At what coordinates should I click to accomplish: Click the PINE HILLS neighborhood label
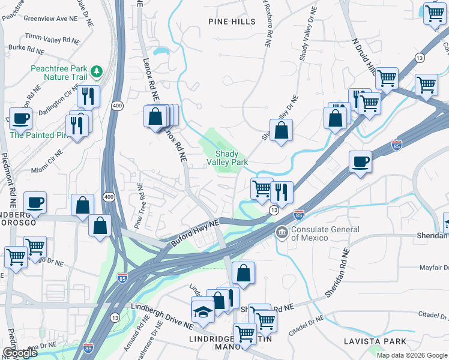[232, 22]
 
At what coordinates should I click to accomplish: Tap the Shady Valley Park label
[228, 158]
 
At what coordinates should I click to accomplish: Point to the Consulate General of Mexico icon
[281, 232]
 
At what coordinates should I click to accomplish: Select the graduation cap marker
[203, 310]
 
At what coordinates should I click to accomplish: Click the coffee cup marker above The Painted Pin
[20, 119]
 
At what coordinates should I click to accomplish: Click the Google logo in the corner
[19, 353]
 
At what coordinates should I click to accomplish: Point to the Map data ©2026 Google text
[411, 355]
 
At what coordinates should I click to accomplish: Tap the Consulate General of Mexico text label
[325, 234]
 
